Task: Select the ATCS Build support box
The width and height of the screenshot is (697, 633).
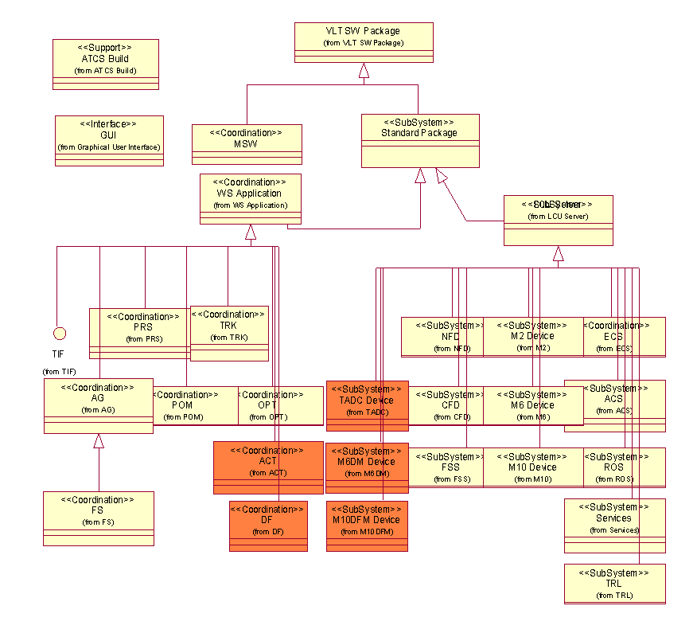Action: click(106, 58)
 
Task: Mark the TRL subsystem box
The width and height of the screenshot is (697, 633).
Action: click(614, 584)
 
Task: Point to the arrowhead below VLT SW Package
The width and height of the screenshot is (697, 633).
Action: click(364, 71)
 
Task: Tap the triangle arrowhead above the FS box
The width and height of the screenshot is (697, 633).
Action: click(99, 440)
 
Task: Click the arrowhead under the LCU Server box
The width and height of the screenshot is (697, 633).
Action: click(559, 254)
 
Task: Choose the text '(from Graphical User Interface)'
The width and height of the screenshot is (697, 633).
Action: click(109, 147)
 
